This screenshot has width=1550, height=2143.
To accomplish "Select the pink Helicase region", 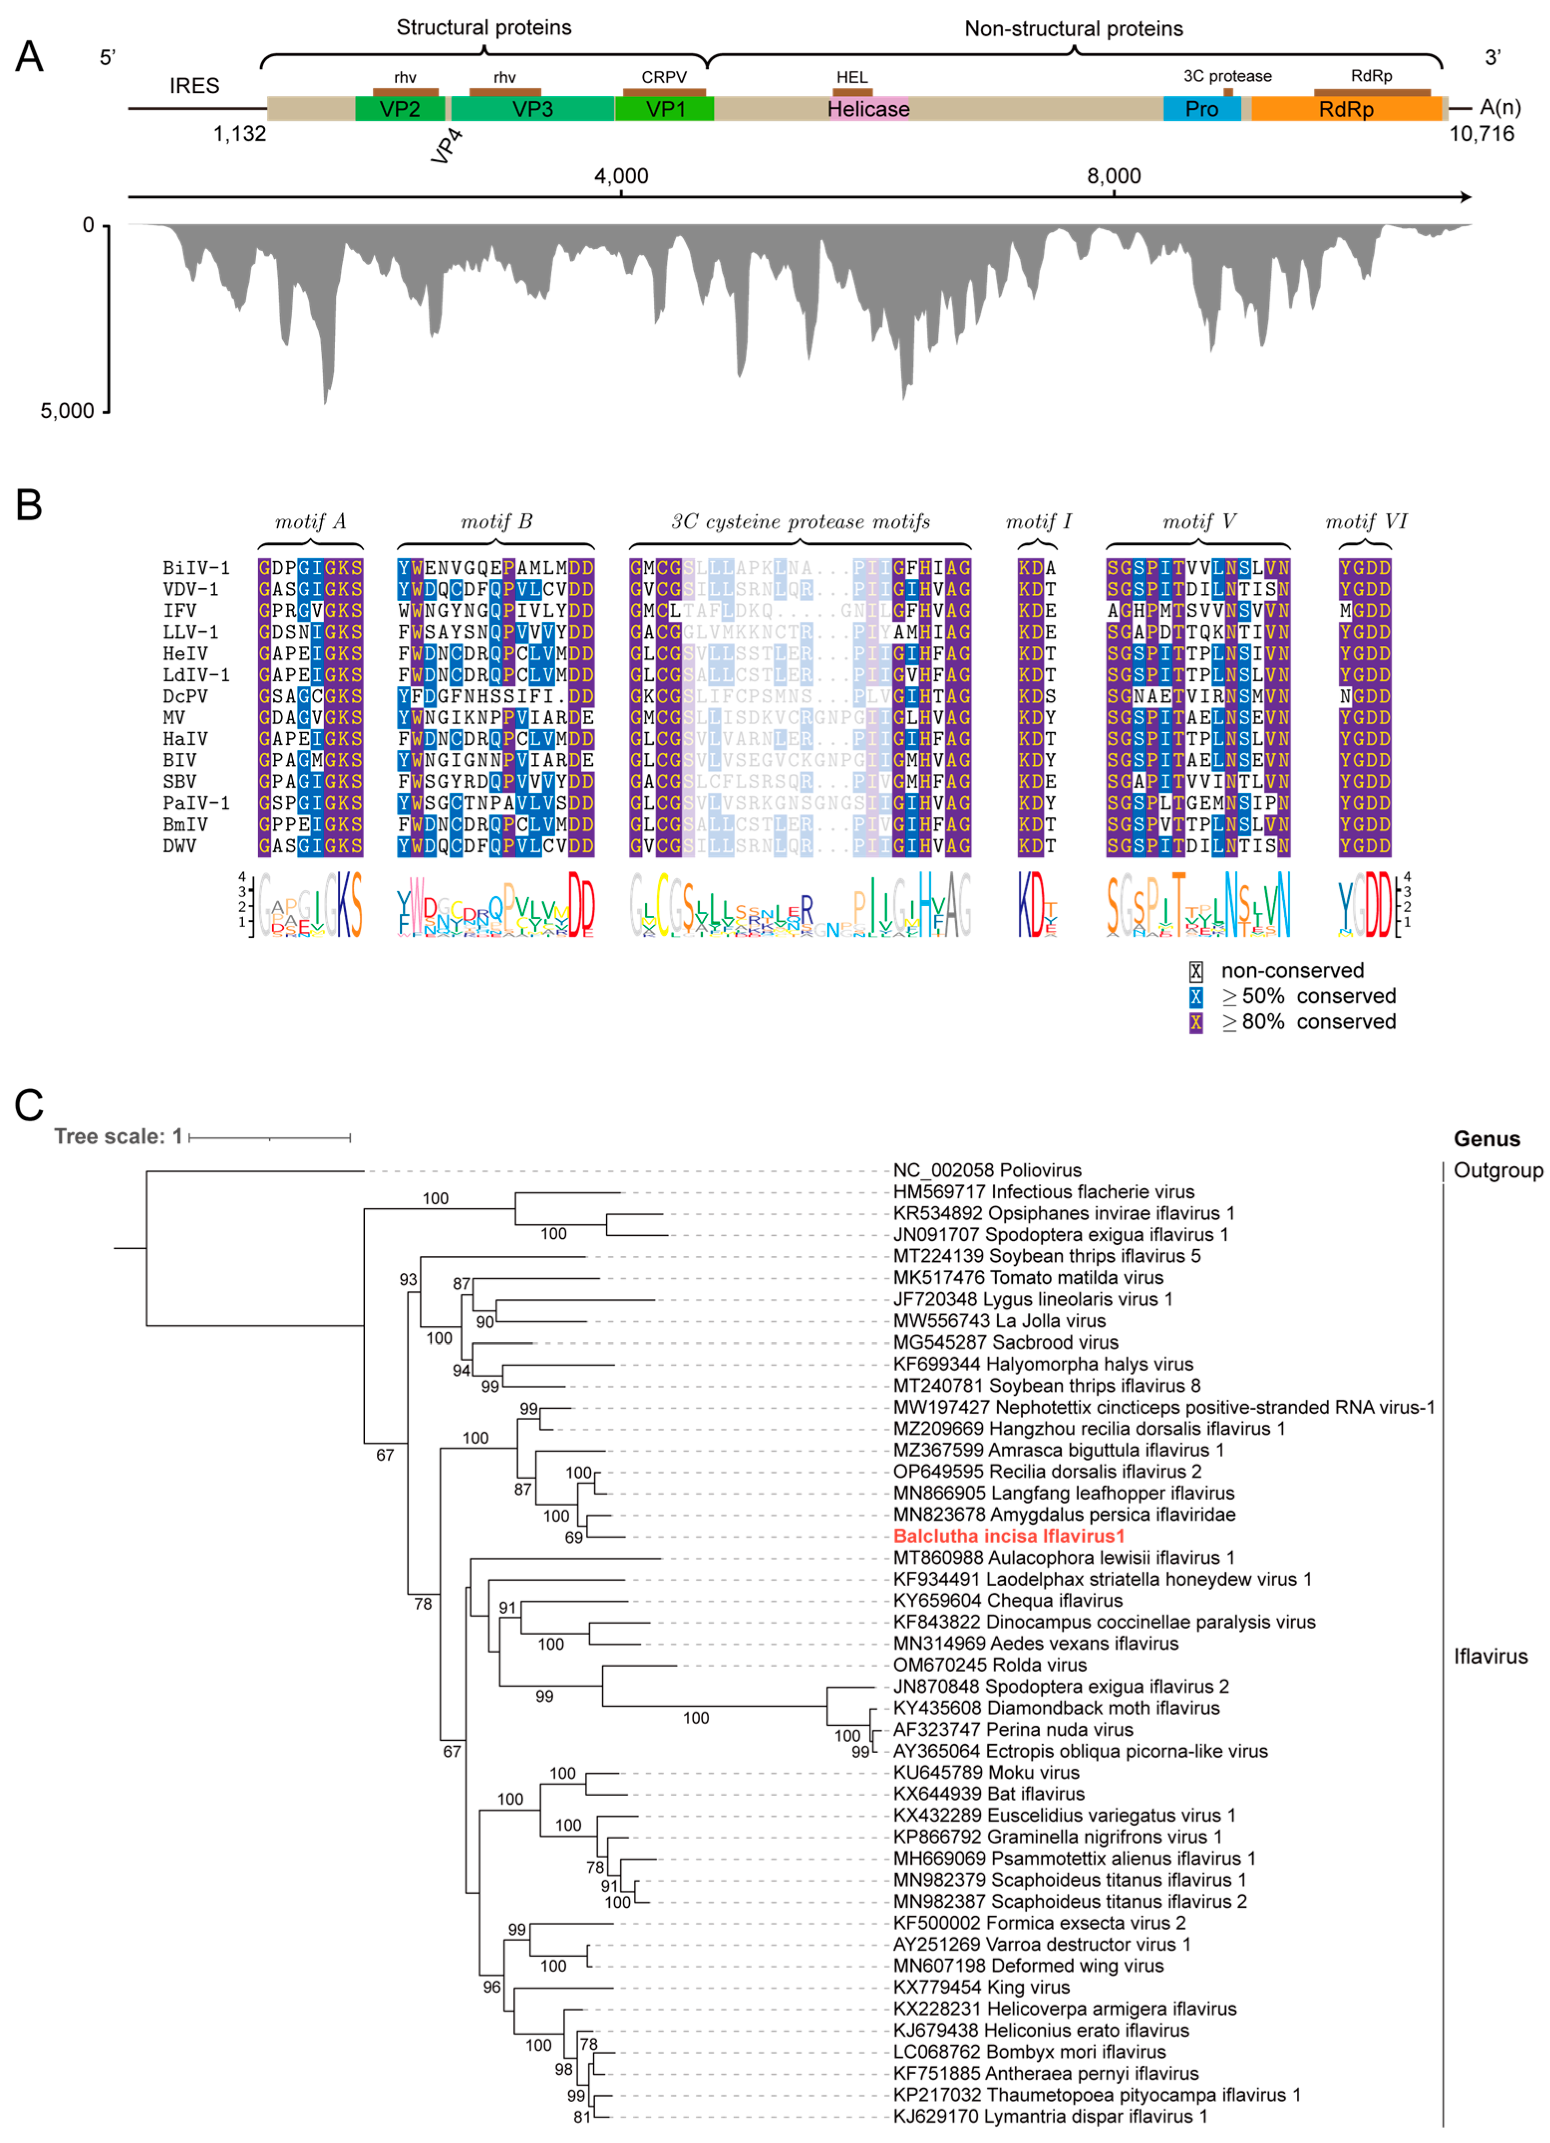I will pos(868,110).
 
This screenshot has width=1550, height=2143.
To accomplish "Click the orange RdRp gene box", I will pos(1346,110).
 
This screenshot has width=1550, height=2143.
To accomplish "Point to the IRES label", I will pos(194,86).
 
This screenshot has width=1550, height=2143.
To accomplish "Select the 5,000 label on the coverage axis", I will pos(67,411).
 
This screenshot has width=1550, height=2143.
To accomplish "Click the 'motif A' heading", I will pos(310,521).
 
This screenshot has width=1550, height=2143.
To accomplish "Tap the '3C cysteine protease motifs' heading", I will pos(800,521).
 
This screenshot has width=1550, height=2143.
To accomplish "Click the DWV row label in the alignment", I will pos(179,845).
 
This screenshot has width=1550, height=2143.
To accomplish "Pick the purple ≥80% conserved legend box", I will pos(1196,1022).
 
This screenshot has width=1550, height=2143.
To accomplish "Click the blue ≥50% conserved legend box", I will pos(1196,997).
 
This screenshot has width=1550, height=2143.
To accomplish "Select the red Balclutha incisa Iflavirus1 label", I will pos(1009,1536).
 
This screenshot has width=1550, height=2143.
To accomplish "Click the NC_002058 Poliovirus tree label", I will pos(987,1170).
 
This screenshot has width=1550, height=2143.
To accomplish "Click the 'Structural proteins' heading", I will pos(483,27).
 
